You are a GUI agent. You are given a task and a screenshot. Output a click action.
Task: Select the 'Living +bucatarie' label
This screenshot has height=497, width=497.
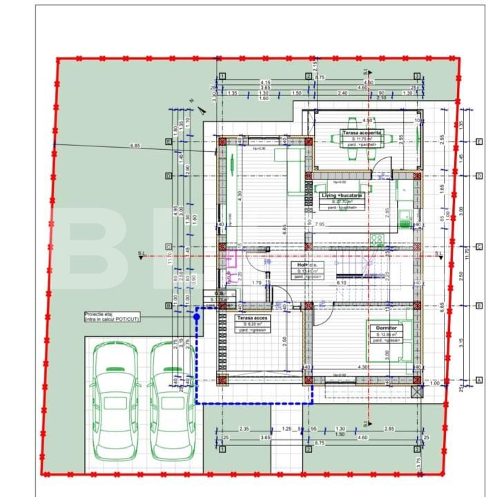tap(346, 196)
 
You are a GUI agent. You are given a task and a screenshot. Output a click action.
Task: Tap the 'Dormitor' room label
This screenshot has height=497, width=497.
tap(381, 329)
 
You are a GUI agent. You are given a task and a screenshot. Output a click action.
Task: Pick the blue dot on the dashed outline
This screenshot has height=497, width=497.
tap(197, 317)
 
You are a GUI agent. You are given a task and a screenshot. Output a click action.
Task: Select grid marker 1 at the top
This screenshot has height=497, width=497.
tap(222, 76)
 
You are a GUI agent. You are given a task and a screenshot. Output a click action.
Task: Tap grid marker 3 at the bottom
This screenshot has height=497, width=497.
tap(417, 449)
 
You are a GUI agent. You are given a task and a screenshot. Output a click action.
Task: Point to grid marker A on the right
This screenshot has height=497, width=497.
tap(479, 380)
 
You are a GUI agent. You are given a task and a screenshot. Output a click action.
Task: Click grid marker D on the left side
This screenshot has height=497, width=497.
tap(168, 176)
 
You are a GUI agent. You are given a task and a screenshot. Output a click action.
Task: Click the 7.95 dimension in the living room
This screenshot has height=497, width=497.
tap(320, 224)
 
